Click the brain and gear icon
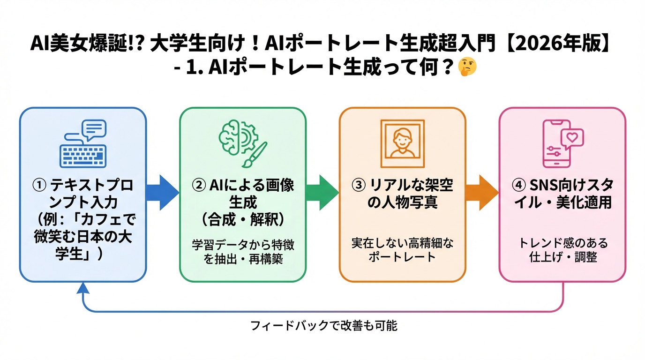click(x=236, y=135)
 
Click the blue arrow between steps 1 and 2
click(x=162, y=192)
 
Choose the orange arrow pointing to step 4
click(x=482, y=192)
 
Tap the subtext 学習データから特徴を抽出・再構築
click(x=243, y=252)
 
